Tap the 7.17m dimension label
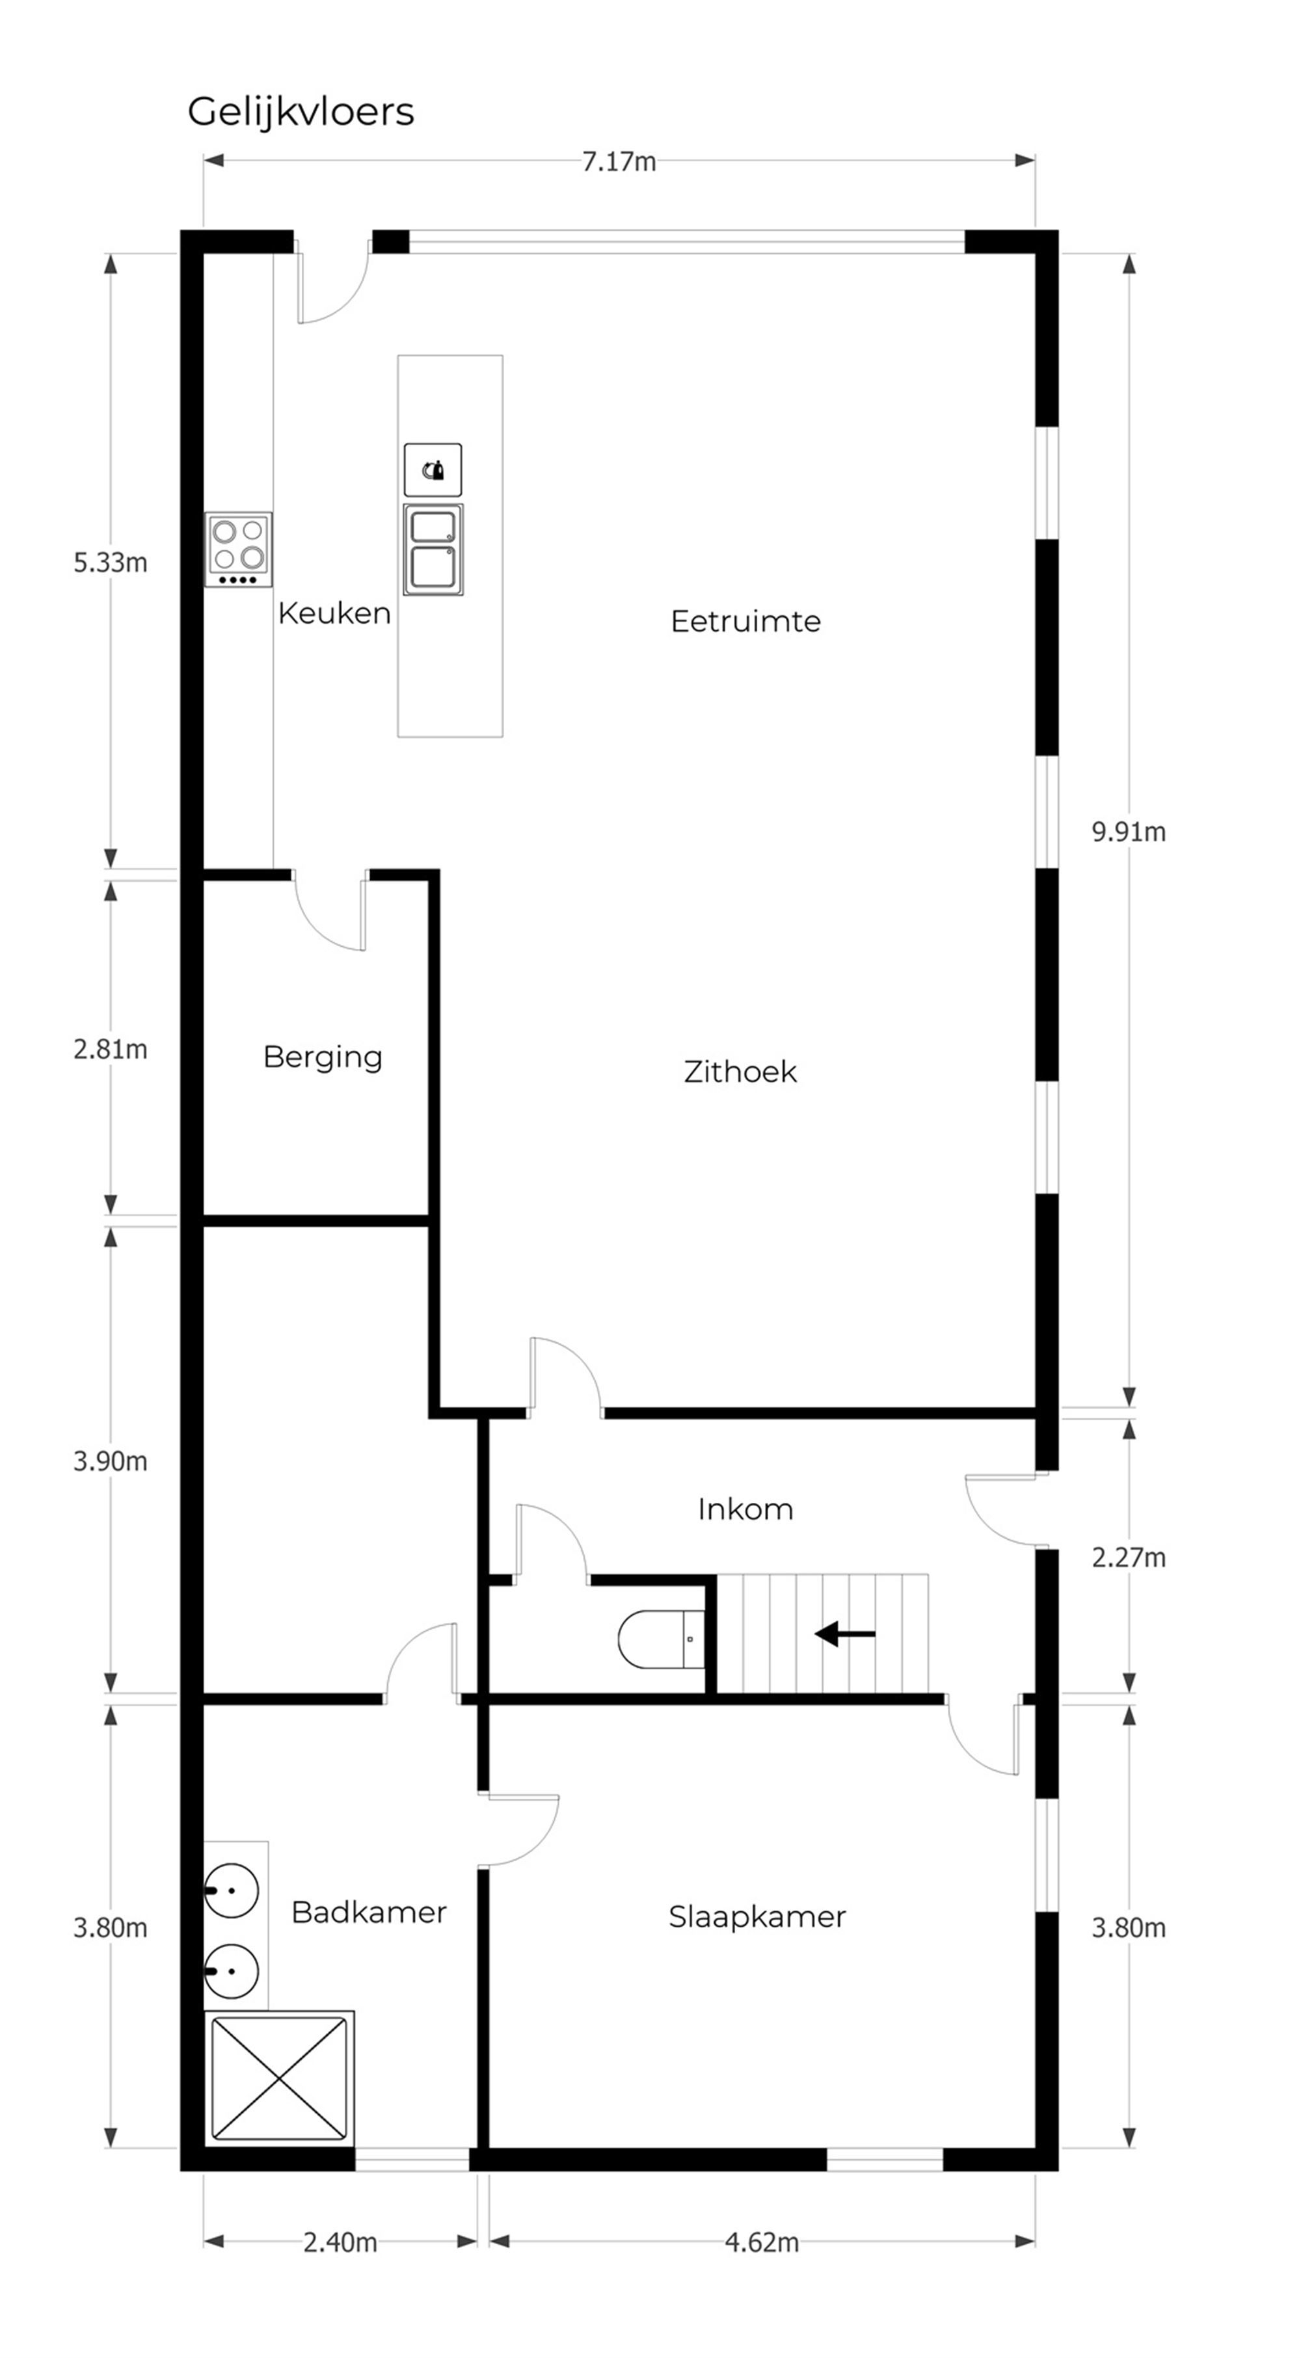click(619, 162)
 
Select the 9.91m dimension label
click(1129, 832)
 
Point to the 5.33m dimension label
click(110, 563)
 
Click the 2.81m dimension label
click(110, 1049)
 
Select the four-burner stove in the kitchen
click(238, 550)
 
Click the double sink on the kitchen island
click(433, 550)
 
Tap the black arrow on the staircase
click(845, 1634)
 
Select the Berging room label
click(322, 1058)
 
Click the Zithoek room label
click(740, 1072)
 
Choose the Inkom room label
click(745, 1509)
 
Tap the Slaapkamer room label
click(757, 1917)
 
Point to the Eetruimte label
click(745, 622)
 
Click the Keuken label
click(334, 613)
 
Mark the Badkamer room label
click(369, 1912)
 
